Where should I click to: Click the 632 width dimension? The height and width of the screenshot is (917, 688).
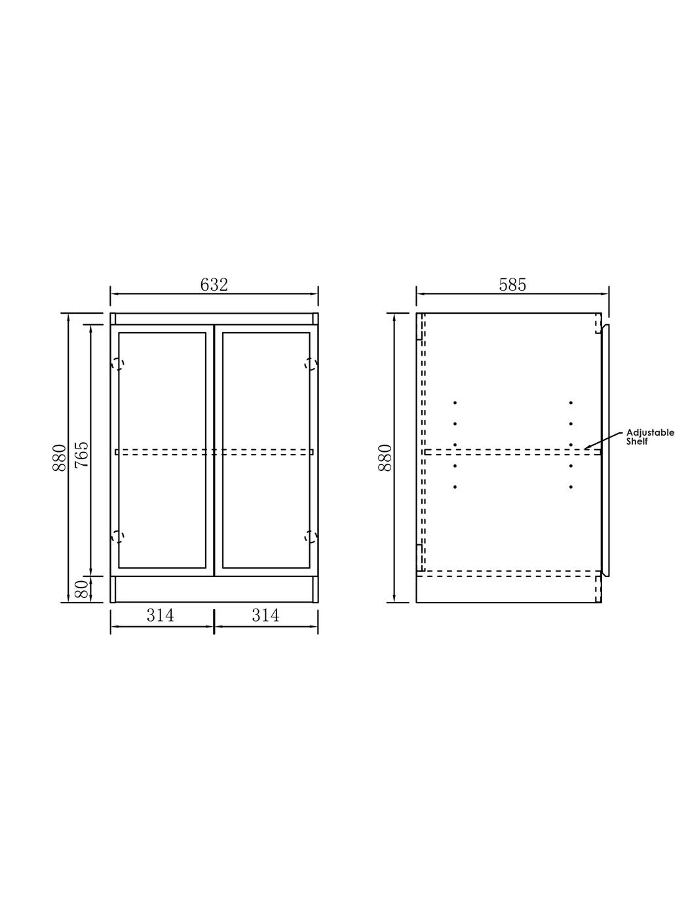214,285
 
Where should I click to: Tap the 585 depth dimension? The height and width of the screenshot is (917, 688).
512,285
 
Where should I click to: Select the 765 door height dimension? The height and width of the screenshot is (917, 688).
82,454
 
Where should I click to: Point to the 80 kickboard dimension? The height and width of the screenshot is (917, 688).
82,589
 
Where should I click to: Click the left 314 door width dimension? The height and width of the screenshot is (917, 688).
160,615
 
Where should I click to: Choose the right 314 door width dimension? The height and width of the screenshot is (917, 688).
265,615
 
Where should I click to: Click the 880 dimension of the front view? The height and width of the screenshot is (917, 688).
59,458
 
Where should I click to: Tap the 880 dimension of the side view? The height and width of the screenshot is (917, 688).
385,458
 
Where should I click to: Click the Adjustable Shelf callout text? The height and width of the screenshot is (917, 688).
649,437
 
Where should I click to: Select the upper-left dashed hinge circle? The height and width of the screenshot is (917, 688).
118,364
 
